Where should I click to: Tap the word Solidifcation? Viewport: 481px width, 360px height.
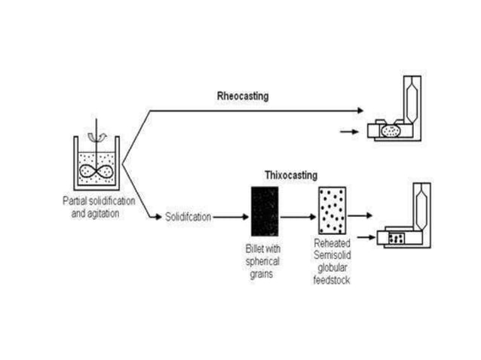(188, 217)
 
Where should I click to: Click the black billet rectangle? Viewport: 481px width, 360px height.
(264, 212)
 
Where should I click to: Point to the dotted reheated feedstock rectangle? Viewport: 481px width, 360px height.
(332, 212)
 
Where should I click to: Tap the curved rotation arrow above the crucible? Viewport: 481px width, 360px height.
(95, 136)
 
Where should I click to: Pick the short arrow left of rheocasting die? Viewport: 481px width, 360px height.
(348, 132)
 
